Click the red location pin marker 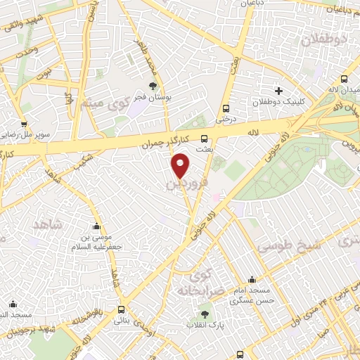[x=181, y=166]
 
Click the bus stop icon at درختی [x=226, y=108]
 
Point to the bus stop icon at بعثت [x=205, y=139]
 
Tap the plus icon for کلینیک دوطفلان [x=279, y=91]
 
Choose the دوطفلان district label [x=323, y=40]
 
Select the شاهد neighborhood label [x=47, y=224]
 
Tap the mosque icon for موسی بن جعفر [x=96, y=226]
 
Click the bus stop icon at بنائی [x=122, y=309]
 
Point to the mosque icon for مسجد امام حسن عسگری [x=252, y=280]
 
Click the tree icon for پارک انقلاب [x=205, y=314]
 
